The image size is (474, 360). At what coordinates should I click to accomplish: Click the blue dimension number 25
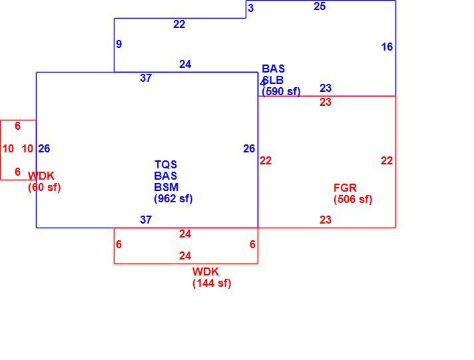point(320,7)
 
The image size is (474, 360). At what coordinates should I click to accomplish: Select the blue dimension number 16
point(387,47)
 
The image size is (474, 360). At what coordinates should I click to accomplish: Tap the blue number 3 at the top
point(250,8)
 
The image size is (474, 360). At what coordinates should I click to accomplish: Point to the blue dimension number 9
point(118,44)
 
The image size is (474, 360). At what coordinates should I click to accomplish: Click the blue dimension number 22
point(179,24)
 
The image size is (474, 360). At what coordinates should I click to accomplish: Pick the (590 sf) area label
point(281,91)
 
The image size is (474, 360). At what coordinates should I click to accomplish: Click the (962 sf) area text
point(173,198)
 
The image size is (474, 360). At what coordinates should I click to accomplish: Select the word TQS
point(166,165)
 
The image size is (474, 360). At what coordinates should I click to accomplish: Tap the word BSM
point(166,187)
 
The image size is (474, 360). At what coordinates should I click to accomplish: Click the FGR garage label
point(345,188)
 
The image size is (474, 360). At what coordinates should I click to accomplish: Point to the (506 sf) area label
point(353,199)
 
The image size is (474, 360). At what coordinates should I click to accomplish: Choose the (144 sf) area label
point(212,283)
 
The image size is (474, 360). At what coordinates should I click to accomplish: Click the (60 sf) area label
point(45,187)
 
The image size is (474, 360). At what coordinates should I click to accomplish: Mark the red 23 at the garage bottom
point(326,220)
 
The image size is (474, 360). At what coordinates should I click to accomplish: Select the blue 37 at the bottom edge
point(146,220)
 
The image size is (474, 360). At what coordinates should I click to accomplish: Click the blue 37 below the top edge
point(146,78)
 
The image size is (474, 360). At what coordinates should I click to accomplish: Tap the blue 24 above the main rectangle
point(185,64)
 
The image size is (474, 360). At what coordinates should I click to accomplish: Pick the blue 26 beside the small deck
point(44,148)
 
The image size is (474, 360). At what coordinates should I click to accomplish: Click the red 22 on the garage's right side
point(387,160)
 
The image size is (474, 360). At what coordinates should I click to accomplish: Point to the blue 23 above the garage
point(326,88)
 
